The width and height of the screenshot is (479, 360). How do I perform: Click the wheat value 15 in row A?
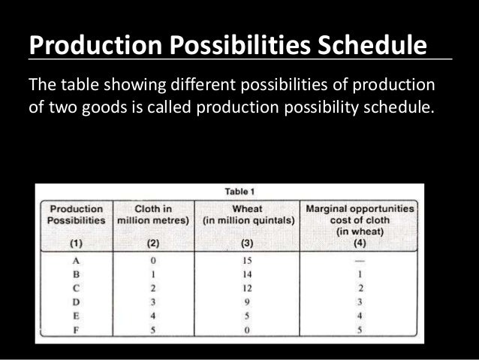pos(246,259)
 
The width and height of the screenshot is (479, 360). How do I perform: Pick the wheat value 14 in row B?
pos(246,274)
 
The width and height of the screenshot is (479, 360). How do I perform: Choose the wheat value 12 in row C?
pos(246,287)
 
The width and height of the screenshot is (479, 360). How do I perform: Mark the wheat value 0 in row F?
pos(246,329)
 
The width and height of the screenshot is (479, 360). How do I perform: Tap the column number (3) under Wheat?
pos(246,244)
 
